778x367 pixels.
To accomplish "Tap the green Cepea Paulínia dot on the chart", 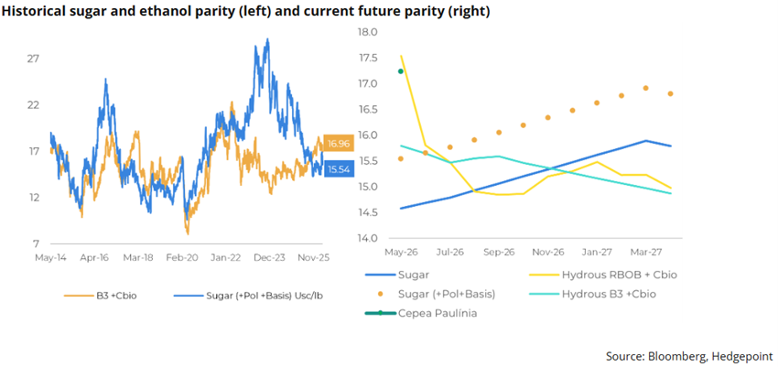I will pyautogui.click(x=400, y=71).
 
